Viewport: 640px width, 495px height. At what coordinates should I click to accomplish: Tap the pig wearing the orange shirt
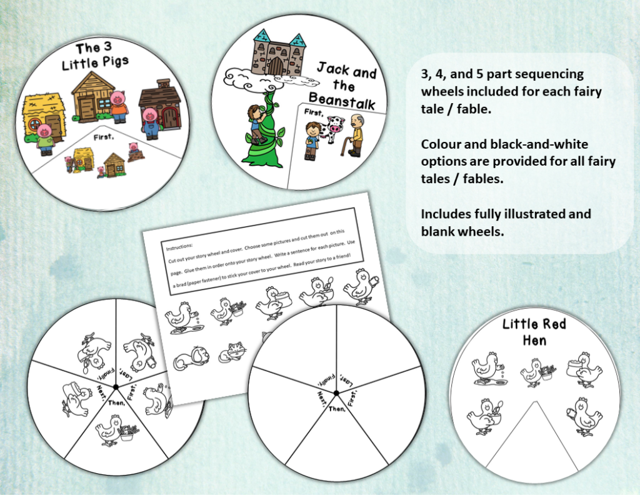tap(118, 107)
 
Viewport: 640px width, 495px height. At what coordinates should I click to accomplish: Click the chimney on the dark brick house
tap(163, 83)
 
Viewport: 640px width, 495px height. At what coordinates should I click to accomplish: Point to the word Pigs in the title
tap(112, 64)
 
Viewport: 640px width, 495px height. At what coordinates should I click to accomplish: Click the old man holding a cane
tap(357, 135)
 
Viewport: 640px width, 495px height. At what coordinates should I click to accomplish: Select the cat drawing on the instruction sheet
tap(233, 356)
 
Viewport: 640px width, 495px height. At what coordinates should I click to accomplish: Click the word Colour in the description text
tap(441, 144)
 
